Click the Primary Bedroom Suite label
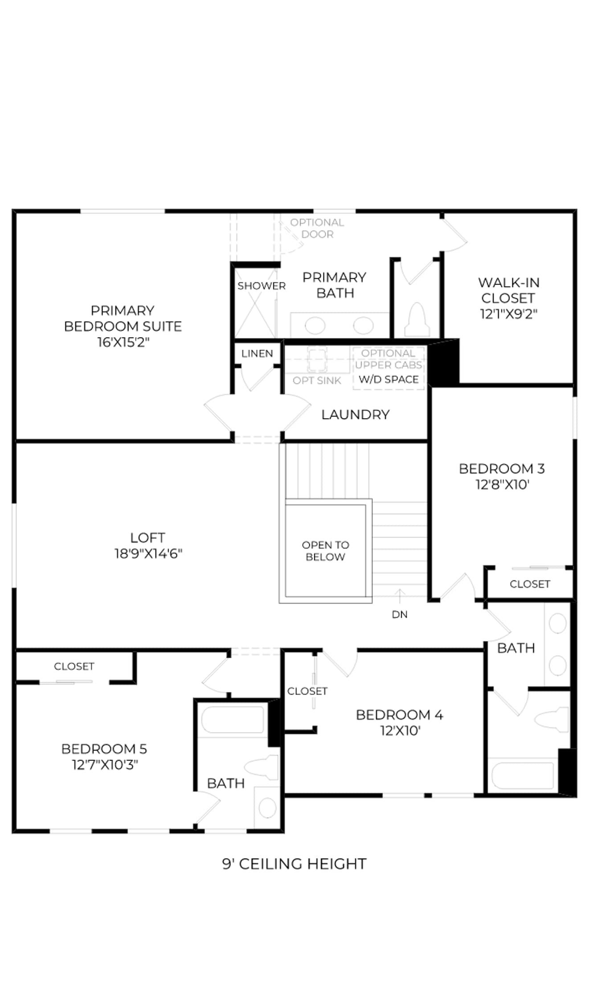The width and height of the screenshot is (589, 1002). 123,318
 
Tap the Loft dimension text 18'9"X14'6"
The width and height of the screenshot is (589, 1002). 148,554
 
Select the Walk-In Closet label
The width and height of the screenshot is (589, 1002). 509,290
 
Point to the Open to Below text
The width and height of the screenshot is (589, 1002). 326,551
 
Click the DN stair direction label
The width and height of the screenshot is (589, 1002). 400,615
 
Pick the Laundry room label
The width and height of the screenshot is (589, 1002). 356,415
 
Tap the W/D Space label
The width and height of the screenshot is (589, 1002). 389,379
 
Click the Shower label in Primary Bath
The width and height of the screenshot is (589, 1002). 262,286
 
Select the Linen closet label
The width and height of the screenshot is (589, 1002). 257,354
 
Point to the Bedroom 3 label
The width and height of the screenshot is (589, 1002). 502,468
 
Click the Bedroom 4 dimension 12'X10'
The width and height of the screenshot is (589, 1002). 400,731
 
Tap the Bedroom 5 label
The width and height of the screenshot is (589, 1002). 104,749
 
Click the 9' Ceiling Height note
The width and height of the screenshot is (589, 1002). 294,864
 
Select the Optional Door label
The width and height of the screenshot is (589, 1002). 317,228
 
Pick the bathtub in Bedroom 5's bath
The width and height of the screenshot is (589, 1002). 233,720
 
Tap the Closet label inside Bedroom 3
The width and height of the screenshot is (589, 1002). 530,584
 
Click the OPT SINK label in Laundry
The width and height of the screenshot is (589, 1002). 317,381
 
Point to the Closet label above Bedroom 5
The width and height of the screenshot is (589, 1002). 74,666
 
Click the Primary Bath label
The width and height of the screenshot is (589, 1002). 335,285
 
